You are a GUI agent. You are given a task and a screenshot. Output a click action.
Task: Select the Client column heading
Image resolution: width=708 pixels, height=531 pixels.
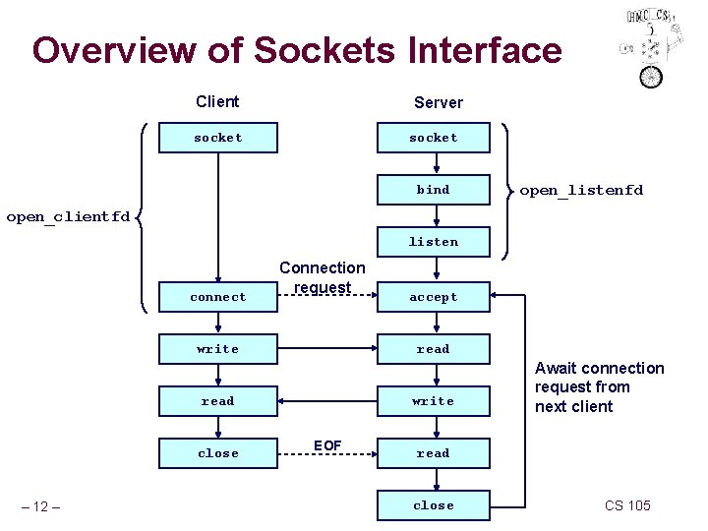point(217,101)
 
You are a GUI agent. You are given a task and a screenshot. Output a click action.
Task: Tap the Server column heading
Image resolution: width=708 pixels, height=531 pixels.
point(438,102)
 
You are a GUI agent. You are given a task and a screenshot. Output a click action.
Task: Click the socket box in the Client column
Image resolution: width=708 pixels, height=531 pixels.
point(218,138)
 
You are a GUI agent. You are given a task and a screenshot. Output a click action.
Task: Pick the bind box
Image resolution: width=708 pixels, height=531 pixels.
point(433,190)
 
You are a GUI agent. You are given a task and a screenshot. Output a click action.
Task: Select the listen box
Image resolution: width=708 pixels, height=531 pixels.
point(433,242)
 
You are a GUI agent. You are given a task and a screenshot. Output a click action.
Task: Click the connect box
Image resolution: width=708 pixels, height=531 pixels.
point(218,297)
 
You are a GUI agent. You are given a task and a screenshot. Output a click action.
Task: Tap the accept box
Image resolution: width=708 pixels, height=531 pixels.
point(433,297)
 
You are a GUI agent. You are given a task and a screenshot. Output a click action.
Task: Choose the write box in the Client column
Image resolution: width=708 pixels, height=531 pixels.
point(218,349)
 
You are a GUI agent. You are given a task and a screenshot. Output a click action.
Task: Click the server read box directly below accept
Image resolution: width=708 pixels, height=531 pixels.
point(433,349)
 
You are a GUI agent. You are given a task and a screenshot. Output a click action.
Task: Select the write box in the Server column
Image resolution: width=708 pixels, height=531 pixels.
point(433,401)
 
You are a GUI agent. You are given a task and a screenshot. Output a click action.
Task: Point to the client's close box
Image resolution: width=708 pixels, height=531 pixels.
point(218,453)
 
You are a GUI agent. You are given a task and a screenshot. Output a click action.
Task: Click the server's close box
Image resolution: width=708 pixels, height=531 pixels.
point(433,505)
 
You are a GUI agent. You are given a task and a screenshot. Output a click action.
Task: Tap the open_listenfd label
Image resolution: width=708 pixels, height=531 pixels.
point(580,190)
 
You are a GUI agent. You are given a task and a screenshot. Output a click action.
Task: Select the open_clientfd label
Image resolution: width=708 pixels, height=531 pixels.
point(68,216)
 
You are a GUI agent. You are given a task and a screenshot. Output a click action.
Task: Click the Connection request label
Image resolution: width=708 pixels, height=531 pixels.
point(322,277)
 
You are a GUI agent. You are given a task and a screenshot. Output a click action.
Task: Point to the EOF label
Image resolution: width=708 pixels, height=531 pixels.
point(327,445)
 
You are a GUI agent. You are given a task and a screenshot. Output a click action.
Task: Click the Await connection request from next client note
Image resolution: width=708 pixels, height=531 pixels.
point(599,387)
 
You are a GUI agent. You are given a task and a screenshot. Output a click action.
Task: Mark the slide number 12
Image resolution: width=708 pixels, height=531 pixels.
point(41,506)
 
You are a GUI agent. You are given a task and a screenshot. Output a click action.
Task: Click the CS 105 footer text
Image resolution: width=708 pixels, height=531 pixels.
point(627,505)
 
